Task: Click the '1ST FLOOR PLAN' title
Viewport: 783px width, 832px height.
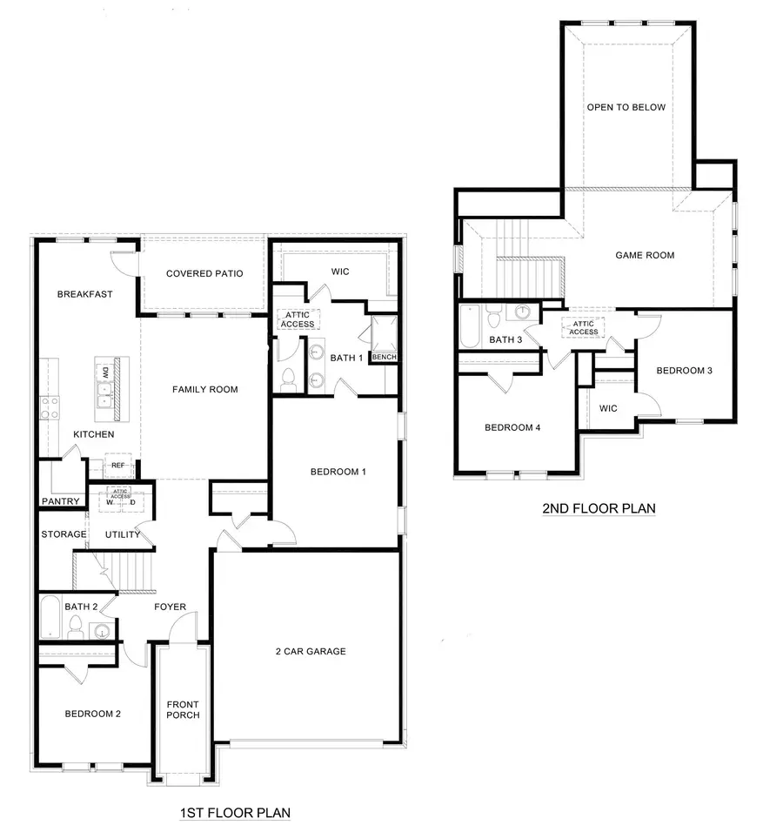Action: (235, 813)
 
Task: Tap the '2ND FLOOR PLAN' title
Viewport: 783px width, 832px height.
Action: (599, 508)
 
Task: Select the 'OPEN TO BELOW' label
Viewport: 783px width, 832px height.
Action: (626, 108)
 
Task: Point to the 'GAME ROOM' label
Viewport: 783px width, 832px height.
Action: (645, 256)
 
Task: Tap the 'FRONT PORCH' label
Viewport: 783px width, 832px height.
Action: (184, 709)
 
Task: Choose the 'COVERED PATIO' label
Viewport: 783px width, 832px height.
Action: (204, 274)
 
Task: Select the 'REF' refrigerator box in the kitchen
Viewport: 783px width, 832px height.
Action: (118, 466)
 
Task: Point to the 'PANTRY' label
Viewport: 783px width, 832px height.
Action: (61, 501)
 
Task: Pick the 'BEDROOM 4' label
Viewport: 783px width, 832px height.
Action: (512, 427)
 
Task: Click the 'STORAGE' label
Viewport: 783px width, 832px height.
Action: (64, 534)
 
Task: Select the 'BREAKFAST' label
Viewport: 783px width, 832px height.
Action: (84, 294)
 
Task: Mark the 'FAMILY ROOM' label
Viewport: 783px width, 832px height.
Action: (204, 389)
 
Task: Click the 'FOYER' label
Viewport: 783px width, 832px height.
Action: (170, 607)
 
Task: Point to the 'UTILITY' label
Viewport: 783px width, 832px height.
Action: (123, 534)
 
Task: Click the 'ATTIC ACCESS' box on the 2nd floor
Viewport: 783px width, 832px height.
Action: (584, 328)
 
